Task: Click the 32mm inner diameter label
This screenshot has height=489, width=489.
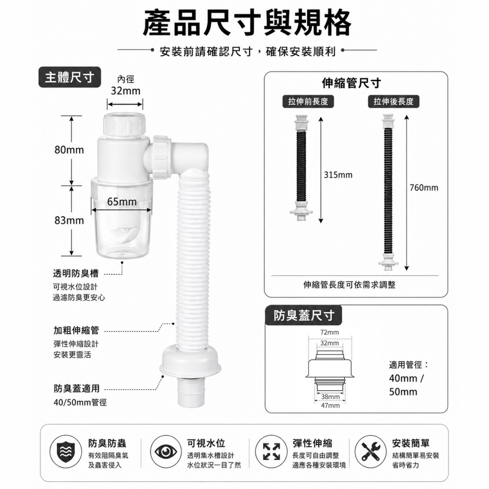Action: pyautogui.click(x=126, y=91)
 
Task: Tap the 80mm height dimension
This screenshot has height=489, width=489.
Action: pyautogui.click(x=69, y=150)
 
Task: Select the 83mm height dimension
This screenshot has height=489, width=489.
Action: pyautogui.click(x=69, y=221)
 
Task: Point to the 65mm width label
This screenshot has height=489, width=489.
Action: pyautogui.click(x=122, y=202)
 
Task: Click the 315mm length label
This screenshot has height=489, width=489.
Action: pyautogui.click(x=338, y=175)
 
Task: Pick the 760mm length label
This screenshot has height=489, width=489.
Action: pyautogui.click(x=424, y=187)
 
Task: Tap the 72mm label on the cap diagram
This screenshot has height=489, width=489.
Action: pyautogui.click(x=329, y=333)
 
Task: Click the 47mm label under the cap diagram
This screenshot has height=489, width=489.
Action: pyautogui.click(x=330, y=405)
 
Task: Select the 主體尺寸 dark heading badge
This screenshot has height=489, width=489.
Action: pyautogui.click(x=69, y=77)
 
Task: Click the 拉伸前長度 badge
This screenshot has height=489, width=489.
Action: pyautogui.click(x=308, y=101)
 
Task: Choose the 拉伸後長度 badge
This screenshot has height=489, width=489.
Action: pyautogui.click(x=394, y=101)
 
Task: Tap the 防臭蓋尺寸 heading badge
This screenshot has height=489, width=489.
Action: pyautogui.click(x=304, y=315)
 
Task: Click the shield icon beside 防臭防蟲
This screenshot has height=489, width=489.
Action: pyautogui.click(x=66, y=451)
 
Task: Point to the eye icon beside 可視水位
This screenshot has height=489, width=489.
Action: pyautogui.click(x=165, y=451)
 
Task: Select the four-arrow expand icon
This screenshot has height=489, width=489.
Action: pyautogui.click(x=271, y=451)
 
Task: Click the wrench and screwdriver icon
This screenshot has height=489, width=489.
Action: pyautogui.click(x=371, y=451)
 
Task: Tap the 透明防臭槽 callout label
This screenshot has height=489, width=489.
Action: pyautogui.click(x=76, y=273)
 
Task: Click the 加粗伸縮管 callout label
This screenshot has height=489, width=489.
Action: pyautogui.click(x=76, y=330)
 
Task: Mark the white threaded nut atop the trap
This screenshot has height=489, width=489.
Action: pyautogui.click(x=124, y=125)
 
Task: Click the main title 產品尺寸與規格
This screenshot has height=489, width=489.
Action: pyautogui.click(x=247, y=23)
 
